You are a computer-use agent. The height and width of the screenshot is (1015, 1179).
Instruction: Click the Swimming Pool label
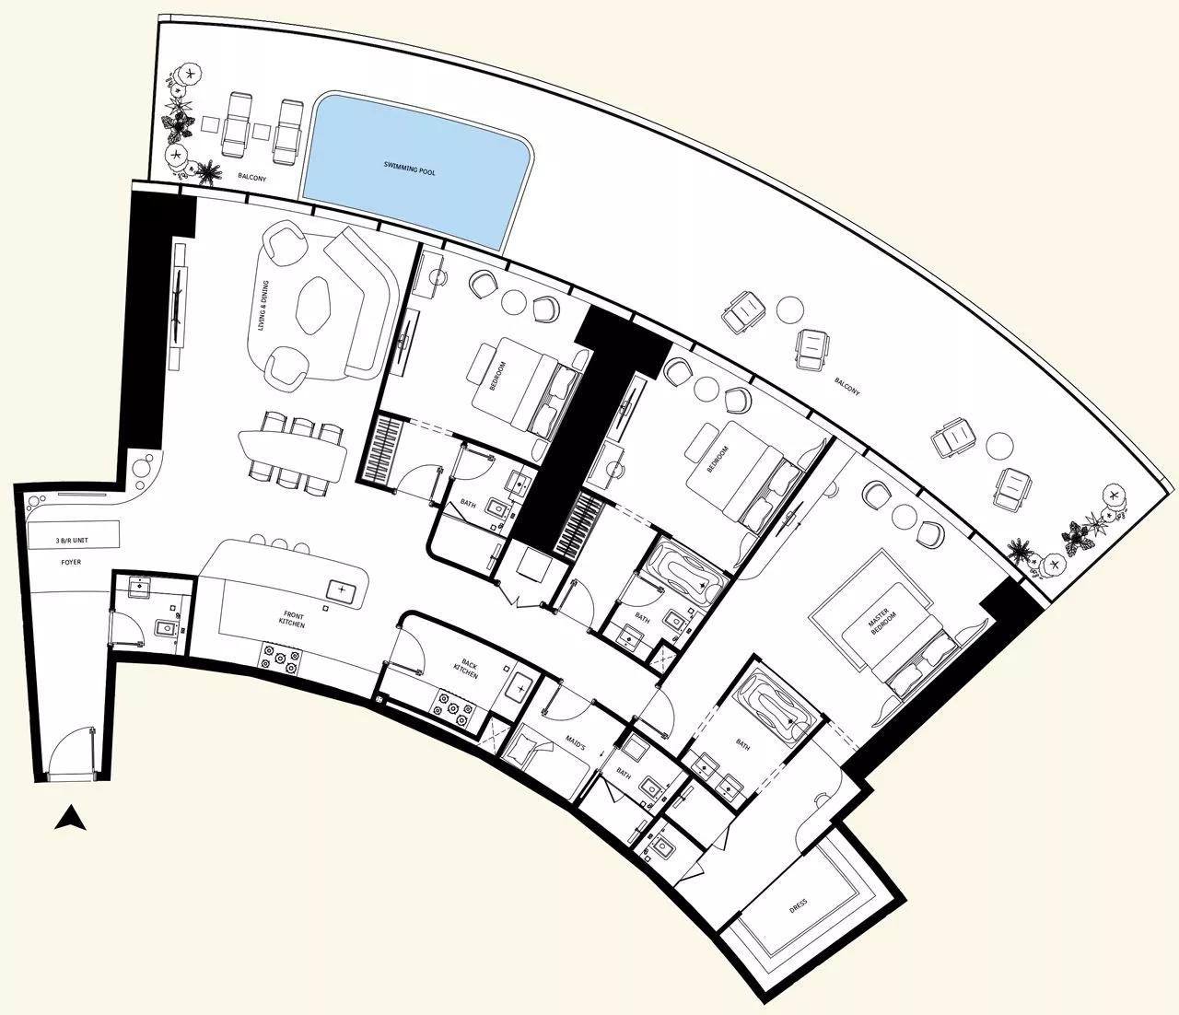click(x=414, y=168)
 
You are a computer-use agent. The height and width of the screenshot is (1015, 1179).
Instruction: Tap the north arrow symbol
click(x=70, y=817)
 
